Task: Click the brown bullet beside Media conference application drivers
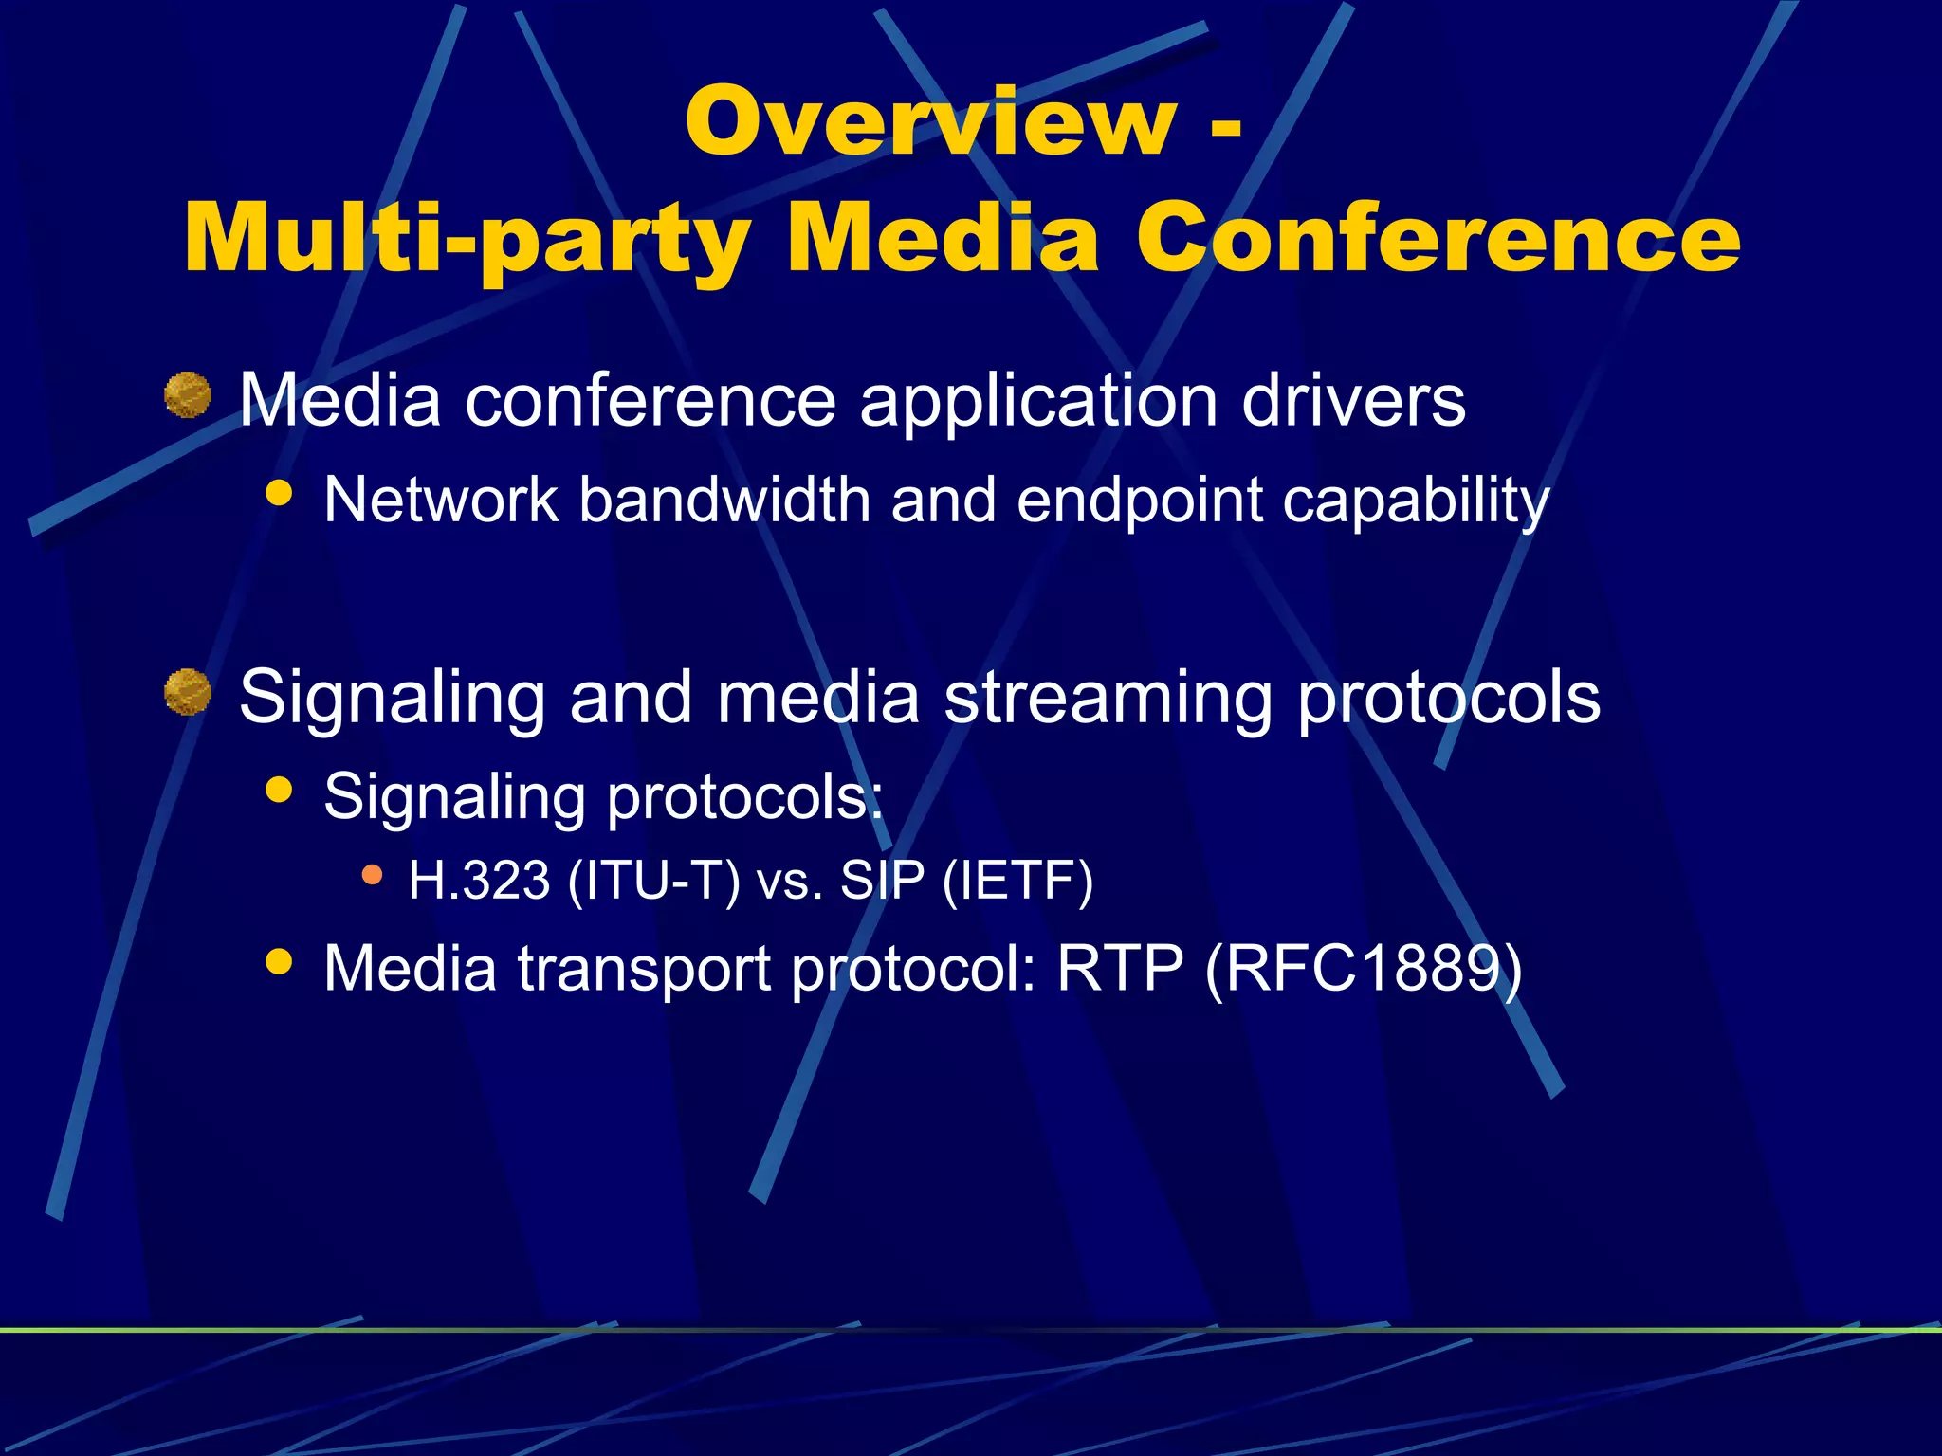click(188, 395)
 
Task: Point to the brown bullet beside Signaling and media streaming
click(188, 692)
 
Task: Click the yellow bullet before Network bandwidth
click(279, 493)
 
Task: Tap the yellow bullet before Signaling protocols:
click(279, 790)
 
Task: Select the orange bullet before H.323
click(373, 874)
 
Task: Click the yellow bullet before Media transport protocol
click(279, 962)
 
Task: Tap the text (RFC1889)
click(1363, 969)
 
